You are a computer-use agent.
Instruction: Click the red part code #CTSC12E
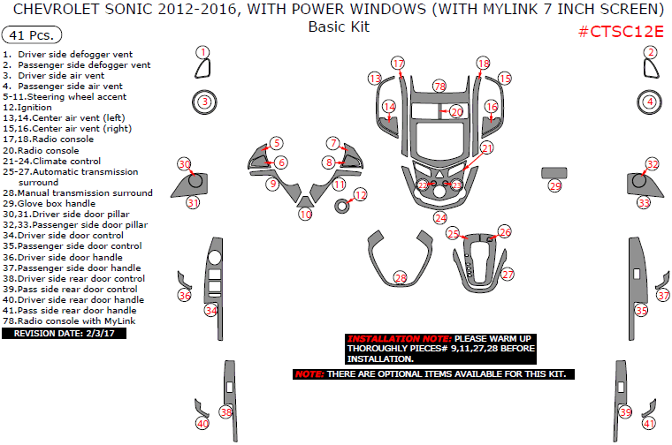pos(621,32)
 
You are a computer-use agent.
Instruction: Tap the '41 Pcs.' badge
pos(33,35)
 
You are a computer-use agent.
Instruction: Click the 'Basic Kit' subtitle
pos(339,26)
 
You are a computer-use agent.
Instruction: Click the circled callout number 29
pos(554,185)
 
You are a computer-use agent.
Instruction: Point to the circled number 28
pos(400,278)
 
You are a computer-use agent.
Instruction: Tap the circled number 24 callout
pos(439,217)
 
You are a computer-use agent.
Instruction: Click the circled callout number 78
pos(439,86)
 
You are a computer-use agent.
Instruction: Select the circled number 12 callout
pos(360,194)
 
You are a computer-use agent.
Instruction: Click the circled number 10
pos(305,214)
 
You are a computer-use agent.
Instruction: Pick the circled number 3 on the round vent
pos(204,102)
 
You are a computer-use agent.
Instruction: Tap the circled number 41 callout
pos(649,424)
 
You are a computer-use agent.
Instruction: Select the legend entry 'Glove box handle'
pos(51,203)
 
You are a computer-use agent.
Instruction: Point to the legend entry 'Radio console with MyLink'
pos(67,321)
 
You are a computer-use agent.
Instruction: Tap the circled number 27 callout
pos(507,275)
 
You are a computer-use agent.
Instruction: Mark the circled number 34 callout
pos(210,310)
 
